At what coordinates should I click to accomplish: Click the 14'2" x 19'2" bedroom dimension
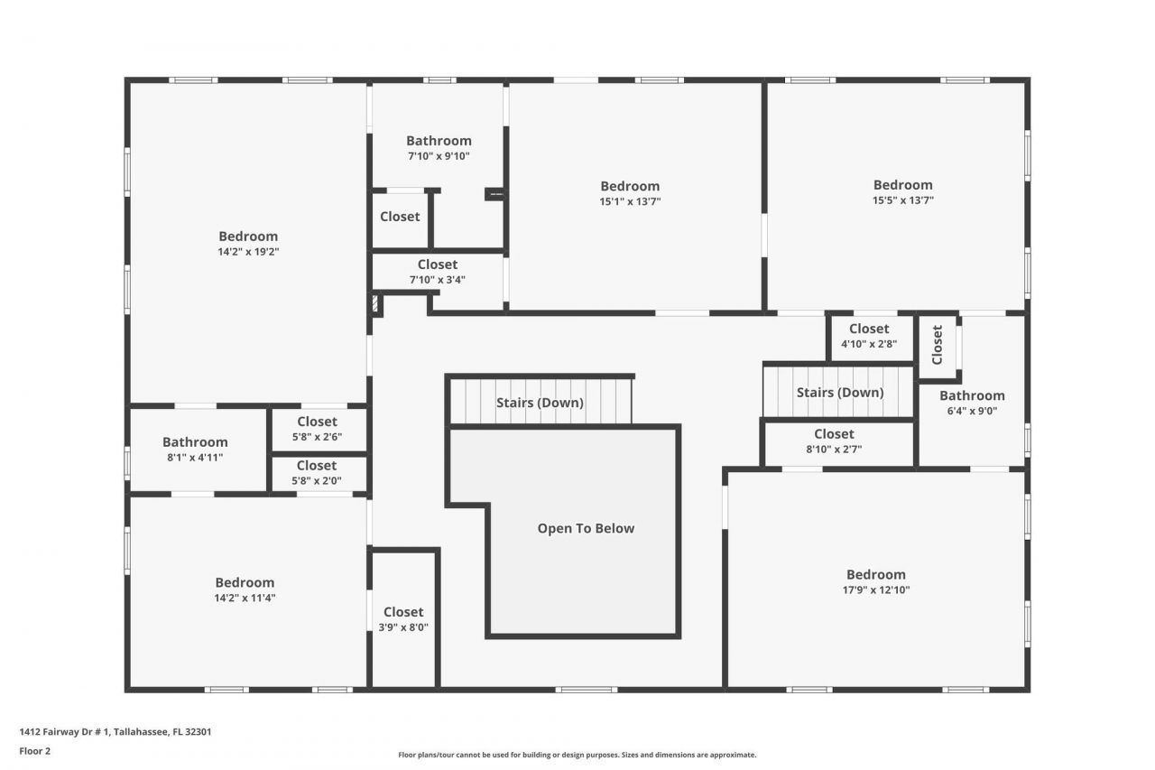(x=248, y=252)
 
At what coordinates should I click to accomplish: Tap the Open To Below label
(x=586, y=528)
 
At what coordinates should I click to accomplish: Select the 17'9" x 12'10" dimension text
(x=875, y=589)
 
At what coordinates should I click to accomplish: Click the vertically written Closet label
(x=938, y=344)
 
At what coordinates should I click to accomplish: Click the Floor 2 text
(x=35, y=750)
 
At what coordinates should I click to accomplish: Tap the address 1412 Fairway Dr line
(x=115, y=732)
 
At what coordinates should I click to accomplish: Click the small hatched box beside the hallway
(x=376, y=303)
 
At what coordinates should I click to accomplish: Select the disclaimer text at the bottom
(x=577, y=755)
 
